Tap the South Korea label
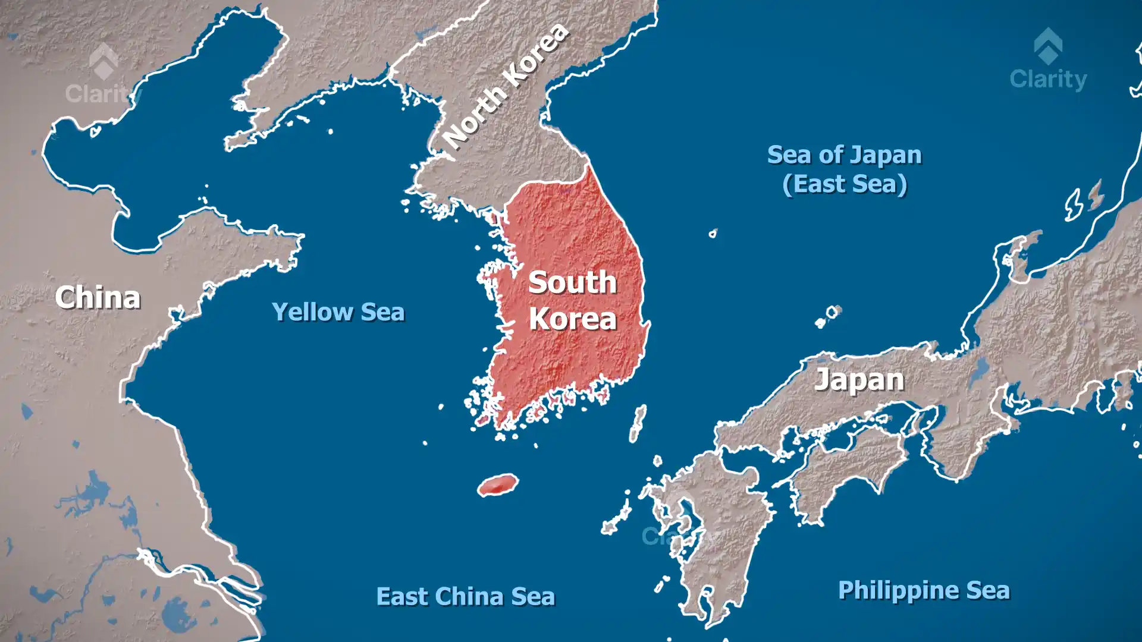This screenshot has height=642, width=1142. tap(572, 300)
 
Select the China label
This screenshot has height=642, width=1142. tap(98, 297)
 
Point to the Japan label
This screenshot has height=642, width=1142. tap(859, 380)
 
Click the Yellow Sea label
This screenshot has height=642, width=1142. tap(338, 312)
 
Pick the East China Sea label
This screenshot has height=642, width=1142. tap(466, 596)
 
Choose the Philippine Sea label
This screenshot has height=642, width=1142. tap(924, 590)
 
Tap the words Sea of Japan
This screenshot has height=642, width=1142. tap(844, 155)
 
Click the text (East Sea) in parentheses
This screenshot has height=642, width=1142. tap(845, 184)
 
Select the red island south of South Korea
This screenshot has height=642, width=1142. tap(498, 485)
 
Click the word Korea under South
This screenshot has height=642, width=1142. tap(572, 319)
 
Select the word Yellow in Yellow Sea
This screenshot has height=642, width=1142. tap(312, 312)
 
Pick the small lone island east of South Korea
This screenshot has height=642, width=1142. tap(713, 234)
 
